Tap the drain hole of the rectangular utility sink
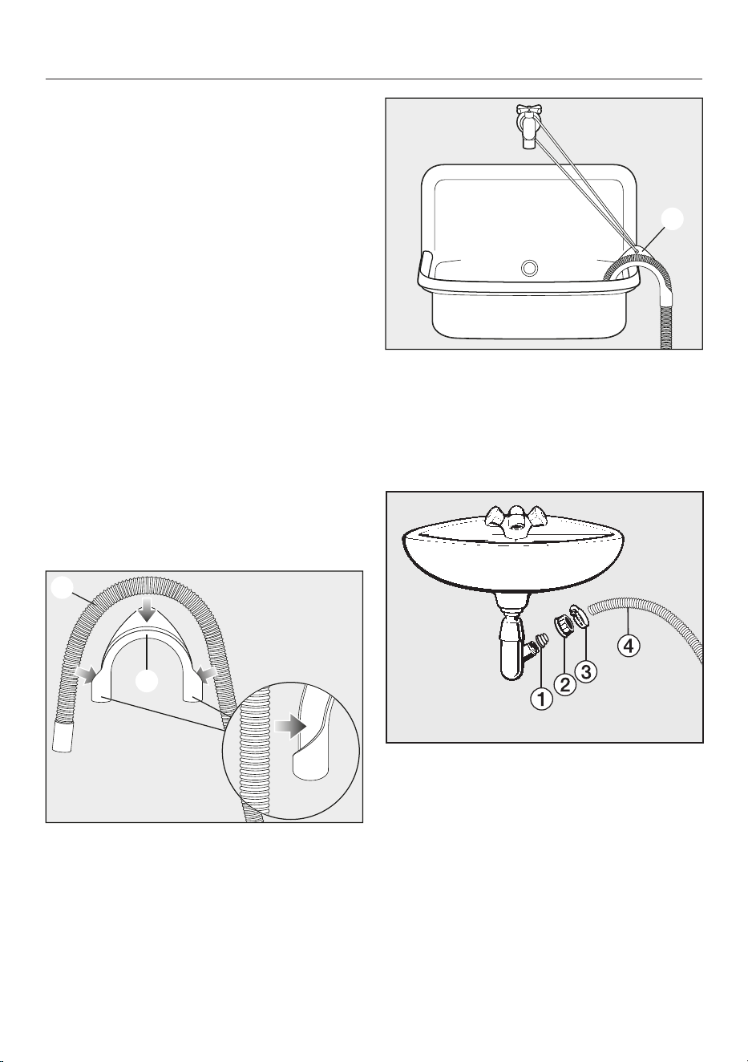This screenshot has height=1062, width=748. (x=529, y=269)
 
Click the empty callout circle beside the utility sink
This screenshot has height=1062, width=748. (x=672, y=219)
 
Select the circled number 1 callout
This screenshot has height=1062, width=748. (x=541, y=699)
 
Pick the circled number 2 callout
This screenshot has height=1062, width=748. (x=565, y=685)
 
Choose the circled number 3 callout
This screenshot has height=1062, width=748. (x=586, y=671)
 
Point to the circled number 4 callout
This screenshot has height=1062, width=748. (x=629, y=647)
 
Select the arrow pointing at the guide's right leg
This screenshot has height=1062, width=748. (x=207, y=674)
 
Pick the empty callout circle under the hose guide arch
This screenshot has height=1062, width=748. (x=147, y=681)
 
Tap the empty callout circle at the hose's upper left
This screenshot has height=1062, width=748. (x=62, y=587)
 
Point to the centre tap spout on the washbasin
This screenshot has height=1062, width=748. (x=514, y=521)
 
